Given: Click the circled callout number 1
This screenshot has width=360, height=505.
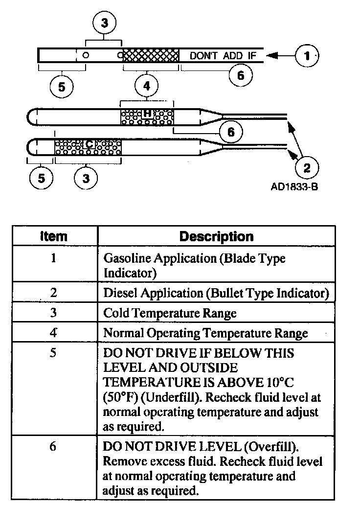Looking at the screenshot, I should point(307,55).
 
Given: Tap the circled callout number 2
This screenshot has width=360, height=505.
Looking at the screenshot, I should point(307,168).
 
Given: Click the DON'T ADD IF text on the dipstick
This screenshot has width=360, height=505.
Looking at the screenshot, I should point(223,55).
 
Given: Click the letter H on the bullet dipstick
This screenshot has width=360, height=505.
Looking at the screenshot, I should point(147,114).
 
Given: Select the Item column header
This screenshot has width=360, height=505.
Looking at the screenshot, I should point(53,236).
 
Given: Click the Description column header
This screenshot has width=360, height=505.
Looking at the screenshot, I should point(216,236).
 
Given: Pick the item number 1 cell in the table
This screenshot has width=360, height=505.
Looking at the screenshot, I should point(53,257).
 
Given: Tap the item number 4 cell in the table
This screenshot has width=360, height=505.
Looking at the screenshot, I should point(53,333).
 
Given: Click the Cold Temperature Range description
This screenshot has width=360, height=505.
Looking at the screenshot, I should point(170,313).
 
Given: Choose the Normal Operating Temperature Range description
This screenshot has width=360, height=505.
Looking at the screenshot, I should point(205,333).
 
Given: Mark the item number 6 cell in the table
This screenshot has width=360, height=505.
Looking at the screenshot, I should point(53,447).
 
